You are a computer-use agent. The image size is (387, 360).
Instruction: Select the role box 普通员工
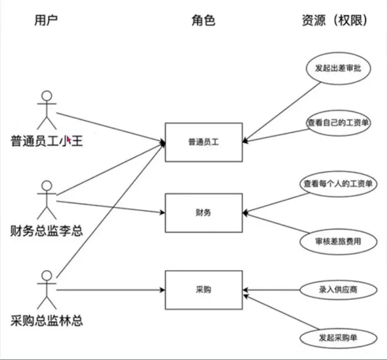click(x=203, y=142)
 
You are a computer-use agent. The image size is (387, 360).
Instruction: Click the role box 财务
click(x=203, y=212)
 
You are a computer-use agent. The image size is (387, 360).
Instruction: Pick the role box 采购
click(x=203, y=290)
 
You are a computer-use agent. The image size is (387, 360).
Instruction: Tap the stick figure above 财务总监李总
click(x=46, y=200)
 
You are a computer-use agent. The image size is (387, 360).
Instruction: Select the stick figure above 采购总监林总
click(x=46, y=290)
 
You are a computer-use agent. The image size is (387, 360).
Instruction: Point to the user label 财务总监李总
click(x=47, y=230)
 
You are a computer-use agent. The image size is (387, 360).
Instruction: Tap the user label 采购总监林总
click(x=47, y=321)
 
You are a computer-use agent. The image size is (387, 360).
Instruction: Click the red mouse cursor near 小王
click(x=69, y=140)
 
